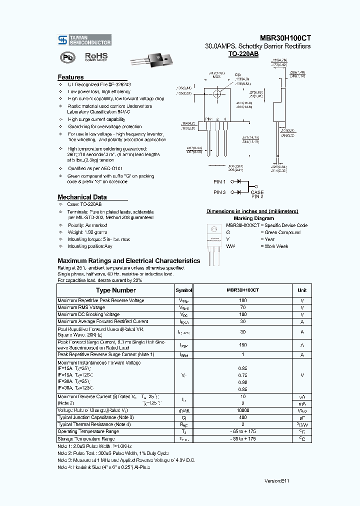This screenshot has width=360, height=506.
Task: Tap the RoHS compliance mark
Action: [96, 57]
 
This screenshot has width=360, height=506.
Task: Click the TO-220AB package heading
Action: [243, 53]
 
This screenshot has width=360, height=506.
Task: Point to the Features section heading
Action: [70, 77]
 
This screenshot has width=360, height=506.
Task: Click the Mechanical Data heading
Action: [82, 197]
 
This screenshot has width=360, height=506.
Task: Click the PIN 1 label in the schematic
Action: [219, 182]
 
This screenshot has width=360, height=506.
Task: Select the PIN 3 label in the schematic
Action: [219, 192]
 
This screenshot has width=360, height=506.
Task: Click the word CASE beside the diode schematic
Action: [257, 192]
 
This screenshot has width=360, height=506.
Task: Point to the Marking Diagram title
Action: [253, 218]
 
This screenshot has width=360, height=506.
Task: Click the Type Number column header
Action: [115, 290]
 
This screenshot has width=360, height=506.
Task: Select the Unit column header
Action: [302, 290]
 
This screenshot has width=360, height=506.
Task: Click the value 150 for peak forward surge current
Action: [243, 345]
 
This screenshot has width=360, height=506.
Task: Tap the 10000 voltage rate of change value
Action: [243, 410]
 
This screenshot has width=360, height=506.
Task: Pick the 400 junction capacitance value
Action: [243, 417]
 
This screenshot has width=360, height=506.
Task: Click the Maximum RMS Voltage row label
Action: [81, 307]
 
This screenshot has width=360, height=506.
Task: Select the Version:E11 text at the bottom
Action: [276, 480]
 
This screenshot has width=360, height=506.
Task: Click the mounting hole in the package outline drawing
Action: [217, 93]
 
